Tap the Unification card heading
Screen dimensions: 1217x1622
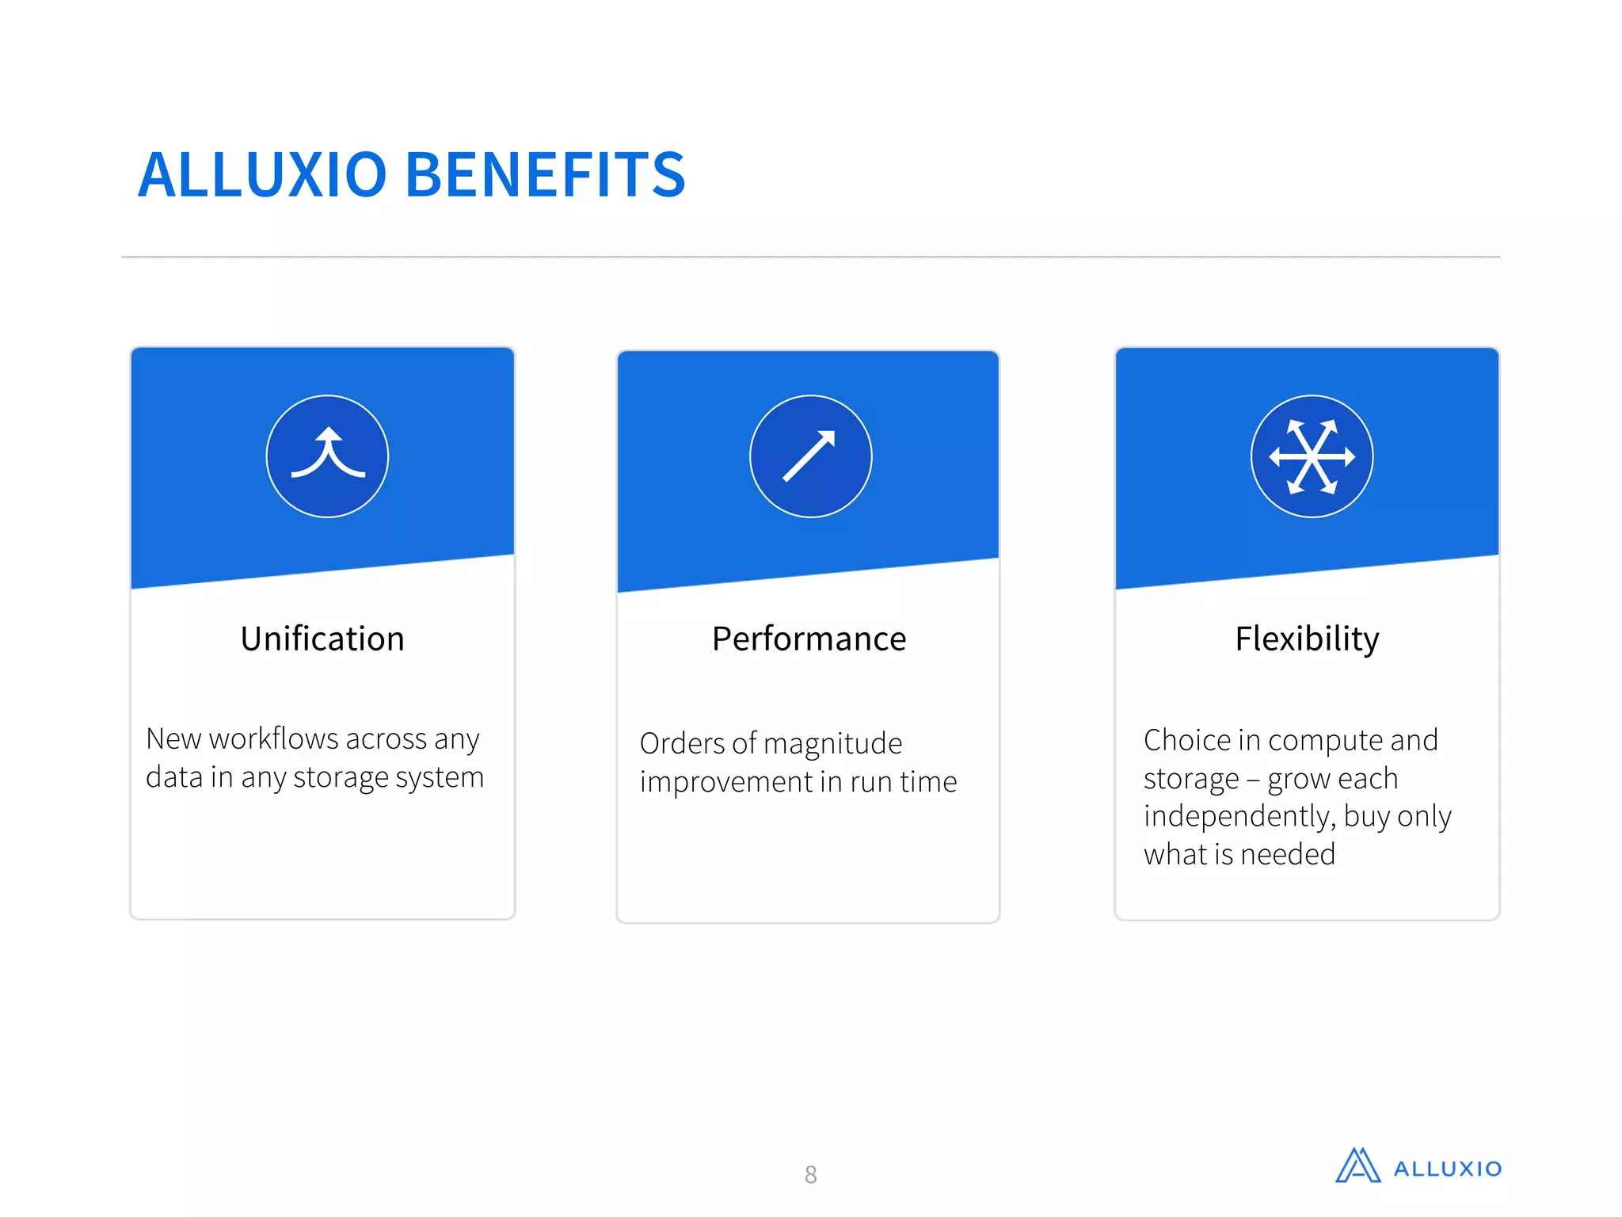pos(322,639)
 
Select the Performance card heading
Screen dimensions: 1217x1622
pos(809,639)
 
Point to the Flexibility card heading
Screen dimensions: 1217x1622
pos(1307,639)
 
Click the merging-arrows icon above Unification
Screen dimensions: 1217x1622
pos(327,456)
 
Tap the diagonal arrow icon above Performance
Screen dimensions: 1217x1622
pos(810,456)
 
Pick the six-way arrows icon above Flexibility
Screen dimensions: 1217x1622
pos(1312,456)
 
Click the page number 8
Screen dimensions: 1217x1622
pos(810,1174)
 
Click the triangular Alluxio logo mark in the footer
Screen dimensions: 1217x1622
pos(1357,1166)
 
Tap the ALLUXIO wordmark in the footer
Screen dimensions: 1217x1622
pos(1447,1169)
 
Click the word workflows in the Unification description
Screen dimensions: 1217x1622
pos(274,738)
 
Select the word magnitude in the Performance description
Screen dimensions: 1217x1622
pos(832,744)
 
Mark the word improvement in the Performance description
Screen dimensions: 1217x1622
pos(725,782)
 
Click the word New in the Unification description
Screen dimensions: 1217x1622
pos(173,738)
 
